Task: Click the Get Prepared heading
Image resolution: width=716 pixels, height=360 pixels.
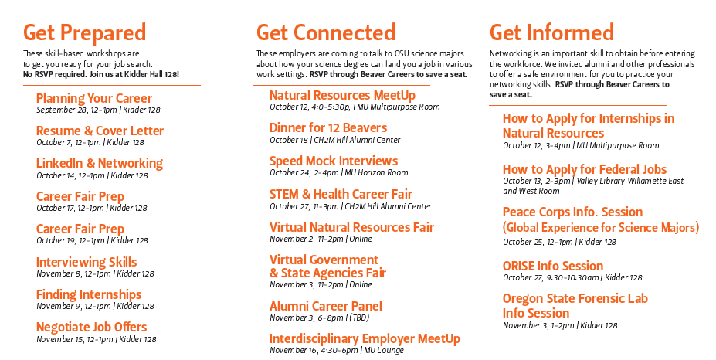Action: click(84, 33)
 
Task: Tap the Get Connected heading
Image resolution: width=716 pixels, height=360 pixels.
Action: click(326, 32)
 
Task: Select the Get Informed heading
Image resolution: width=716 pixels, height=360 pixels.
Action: click(551, 32)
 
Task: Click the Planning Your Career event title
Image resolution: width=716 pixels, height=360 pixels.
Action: click(94, 98)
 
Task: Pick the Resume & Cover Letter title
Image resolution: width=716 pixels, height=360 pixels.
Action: click(100, 131)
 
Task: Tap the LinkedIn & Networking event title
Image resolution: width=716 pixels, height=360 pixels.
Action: click(100, 163)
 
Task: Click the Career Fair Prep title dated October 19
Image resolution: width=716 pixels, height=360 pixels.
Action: click(80, 229)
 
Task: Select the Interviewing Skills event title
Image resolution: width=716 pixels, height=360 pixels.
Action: click(87, 262)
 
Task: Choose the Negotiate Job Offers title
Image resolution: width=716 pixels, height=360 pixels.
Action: click(91, 327)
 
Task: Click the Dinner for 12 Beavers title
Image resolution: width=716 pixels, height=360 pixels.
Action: click(328, 128)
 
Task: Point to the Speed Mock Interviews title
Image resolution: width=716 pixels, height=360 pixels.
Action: click(334, 161)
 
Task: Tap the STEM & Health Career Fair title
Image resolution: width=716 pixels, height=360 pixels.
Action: click(341, 194)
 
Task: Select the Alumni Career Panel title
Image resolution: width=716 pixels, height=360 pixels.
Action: click(326, 306)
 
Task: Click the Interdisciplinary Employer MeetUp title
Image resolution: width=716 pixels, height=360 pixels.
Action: click(365, 339)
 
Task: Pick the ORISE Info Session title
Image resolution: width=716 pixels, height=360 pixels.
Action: click(553, 266)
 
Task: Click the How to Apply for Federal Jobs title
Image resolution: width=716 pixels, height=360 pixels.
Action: click(585, 169)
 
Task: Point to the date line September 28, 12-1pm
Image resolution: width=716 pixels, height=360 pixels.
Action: click(98, 110)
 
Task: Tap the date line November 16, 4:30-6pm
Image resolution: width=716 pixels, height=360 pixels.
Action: click(337, 351)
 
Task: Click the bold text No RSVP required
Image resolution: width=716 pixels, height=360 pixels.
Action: click(55, 74)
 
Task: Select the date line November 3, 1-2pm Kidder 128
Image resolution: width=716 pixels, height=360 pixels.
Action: click(560, 326)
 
